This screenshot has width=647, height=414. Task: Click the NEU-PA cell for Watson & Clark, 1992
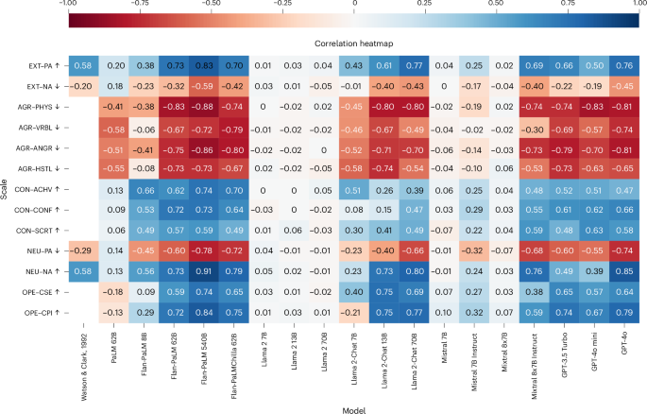[x=84, y=250]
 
